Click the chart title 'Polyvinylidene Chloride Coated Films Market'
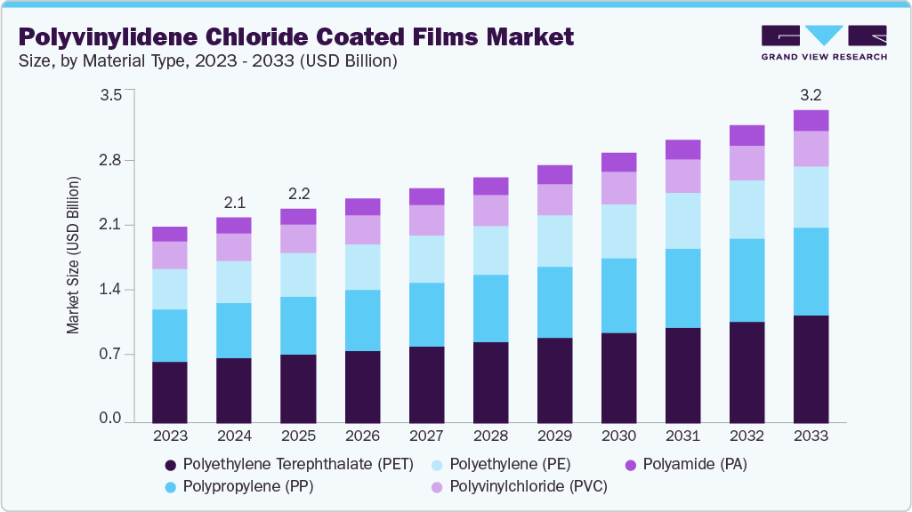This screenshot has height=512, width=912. tap(296, 36)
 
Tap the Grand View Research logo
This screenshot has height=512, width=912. tap(823, 43)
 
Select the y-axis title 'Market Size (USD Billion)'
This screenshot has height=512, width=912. tap(73, 255)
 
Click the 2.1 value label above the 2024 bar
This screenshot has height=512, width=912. tap(234, 202)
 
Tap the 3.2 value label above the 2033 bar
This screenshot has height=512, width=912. tap(811, 95)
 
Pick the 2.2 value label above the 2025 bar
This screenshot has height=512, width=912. tap(298, 194)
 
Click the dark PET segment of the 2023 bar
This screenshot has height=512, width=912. tap(170, 391)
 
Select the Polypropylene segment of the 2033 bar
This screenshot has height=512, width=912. tap(811, 271)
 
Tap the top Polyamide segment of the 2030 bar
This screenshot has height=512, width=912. tap(618, 162)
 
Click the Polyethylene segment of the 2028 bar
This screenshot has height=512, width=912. tap(490, 250)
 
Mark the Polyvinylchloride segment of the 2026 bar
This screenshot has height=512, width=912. tap(362, 229)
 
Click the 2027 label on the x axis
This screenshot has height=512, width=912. tap(426, 436)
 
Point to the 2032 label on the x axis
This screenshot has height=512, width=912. tap(747, 436)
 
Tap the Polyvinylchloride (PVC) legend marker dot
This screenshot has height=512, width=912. tap(437, 487)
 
